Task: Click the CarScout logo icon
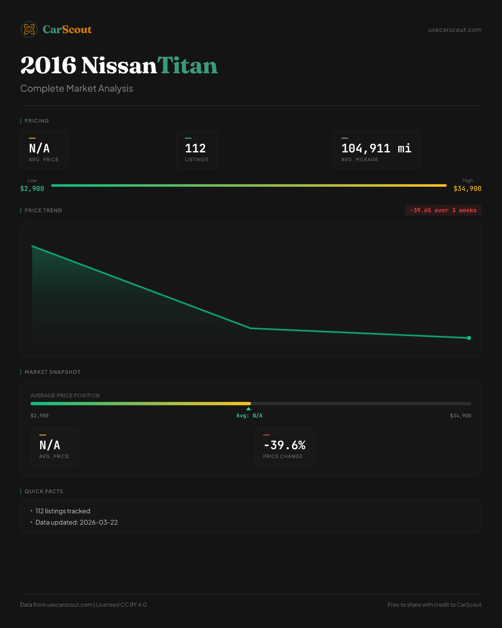[x=29, y=29]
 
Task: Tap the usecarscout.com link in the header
[x=455, y=30]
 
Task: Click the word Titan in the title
[x=187, y=66]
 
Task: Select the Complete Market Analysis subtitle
[x=77, y=89]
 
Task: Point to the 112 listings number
[x=195, y=148]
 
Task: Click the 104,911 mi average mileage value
[x=376, y=148]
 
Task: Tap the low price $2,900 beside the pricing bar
[x=32, y=189]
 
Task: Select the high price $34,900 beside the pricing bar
[x=467, y=189]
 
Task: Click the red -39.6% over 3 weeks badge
[x=443, y=210]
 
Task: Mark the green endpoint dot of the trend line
[x=469, y=338]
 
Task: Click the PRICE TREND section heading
[x=43, y=211]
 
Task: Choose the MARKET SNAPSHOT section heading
[x=52, y=372]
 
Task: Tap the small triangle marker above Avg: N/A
[x=248, y=409]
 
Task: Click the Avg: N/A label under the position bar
[x=249, y=416]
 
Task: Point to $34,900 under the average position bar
[x=460, y=416]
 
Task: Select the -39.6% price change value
[x=284, y=445]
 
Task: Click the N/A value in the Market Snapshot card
[x=50, y=445]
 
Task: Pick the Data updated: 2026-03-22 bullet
[x=77, y=522]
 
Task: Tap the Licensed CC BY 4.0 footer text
[x=121, y=605]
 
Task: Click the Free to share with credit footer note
[x=434, y=605]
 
